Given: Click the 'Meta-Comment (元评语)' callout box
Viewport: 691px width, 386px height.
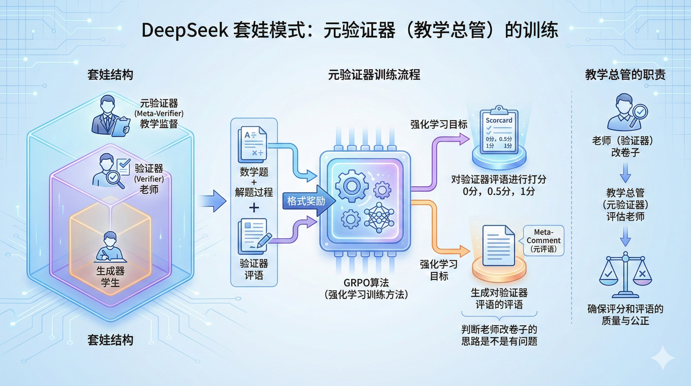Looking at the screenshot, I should pos(543,240).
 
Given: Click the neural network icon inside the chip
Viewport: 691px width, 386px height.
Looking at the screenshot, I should pos(379,217).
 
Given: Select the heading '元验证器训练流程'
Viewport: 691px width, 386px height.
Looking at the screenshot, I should pos(374,75).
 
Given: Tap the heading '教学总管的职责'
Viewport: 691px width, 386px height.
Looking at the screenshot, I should pos(625,75).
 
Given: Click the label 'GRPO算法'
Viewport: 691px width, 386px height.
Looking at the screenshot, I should pos(366,283).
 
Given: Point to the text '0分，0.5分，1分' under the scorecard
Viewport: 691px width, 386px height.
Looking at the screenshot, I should pos(499,191).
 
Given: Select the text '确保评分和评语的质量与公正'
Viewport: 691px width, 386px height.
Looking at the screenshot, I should pos(625,315).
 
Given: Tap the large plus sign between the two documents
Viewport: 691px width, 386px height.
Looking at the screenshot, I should pos(254,208).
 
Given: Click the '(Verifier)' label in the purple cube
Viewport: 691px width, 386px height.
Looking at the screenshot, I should pos(149,179).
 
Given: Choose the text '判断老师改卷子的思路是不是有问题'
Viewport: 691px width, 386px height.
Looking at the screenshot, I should pos(499,335).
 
